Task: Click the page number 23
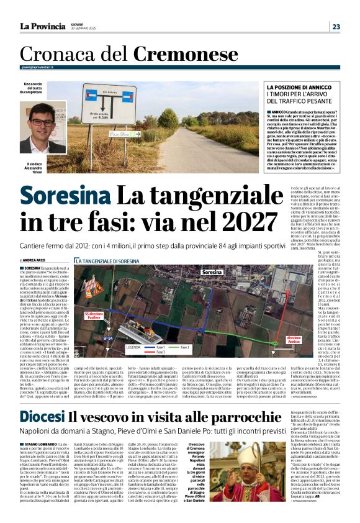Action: pos(336,27)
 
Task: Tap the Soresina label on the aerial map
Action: pos(212,272)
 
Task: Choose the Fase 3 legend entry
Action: pos(159,352)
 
